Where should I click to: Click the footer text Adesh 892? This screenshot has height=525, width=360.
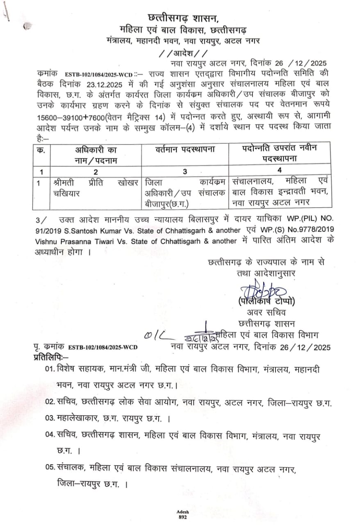tap(182, 515)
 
